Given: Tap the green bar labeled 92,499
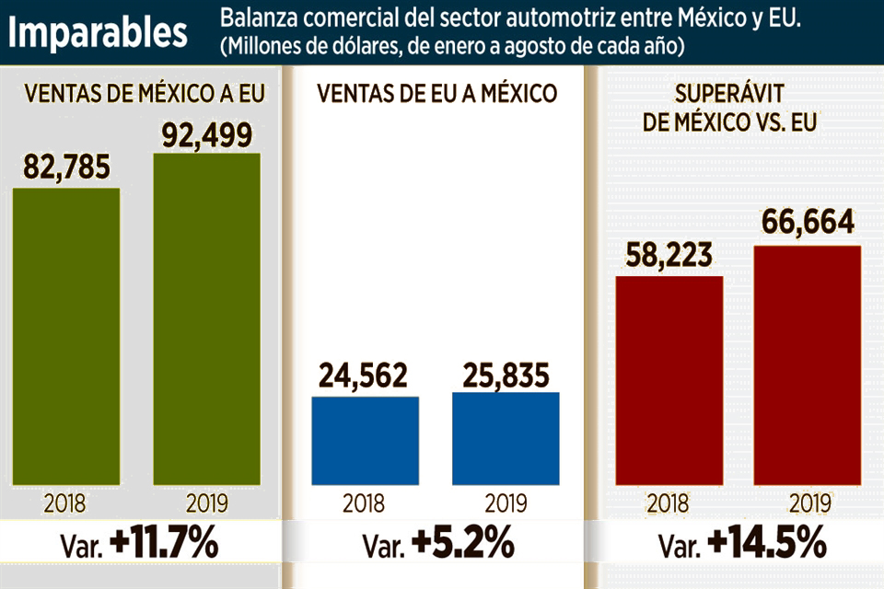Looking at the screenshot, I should [206, 318].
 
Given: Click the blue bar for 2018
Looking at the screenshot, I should [365, 440].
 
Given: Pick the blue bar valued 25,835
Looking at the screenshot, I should [506, 438].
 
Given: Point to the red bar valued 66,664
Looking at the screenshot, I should [807, 364].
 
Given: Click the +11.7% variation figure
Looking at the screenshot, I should [163, 544].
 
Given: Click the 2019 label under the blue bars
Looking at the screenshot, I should [505, 503].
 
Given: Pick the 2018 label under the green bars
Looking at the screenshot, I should [64, 503].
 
